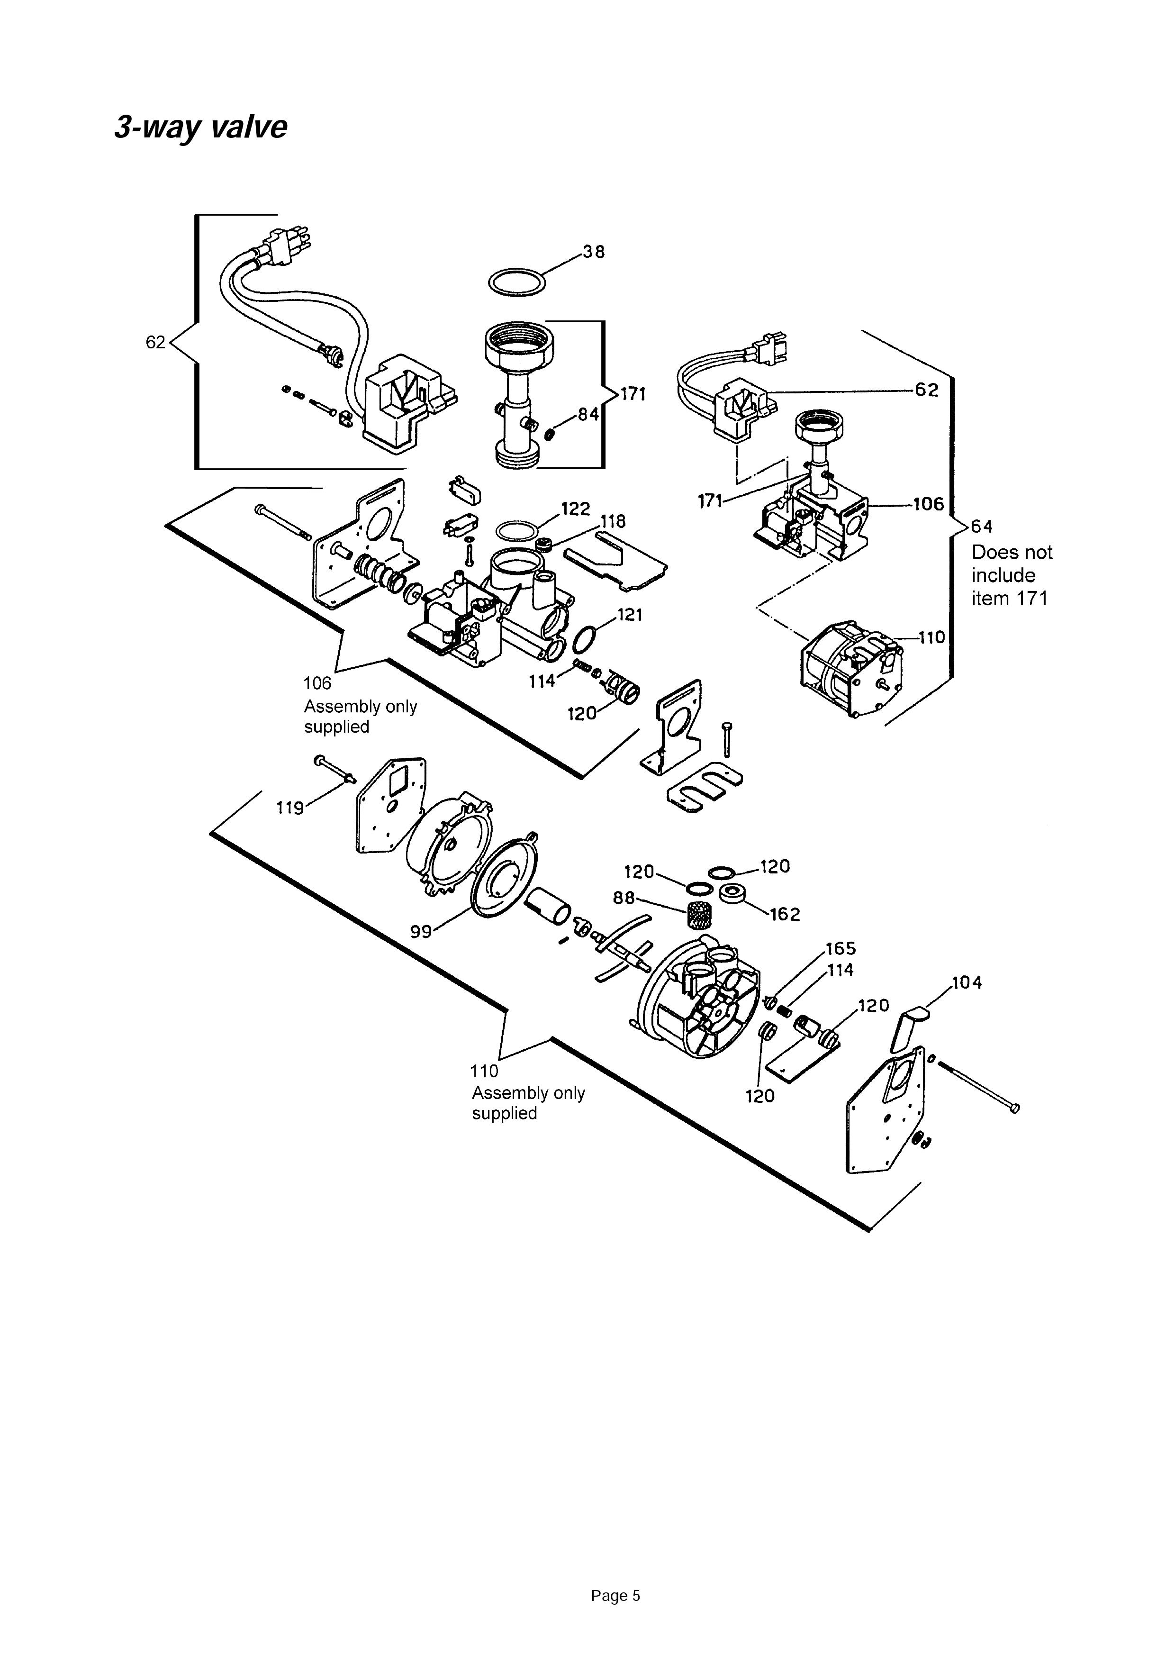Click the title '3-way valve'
click(200, 127)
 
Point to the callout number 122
click(576, 509)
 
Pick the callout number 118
click(613, 521)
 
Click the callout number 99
click(421, 931)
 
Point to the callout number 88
click(624, 898)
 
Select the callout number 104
click(967, 983)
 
